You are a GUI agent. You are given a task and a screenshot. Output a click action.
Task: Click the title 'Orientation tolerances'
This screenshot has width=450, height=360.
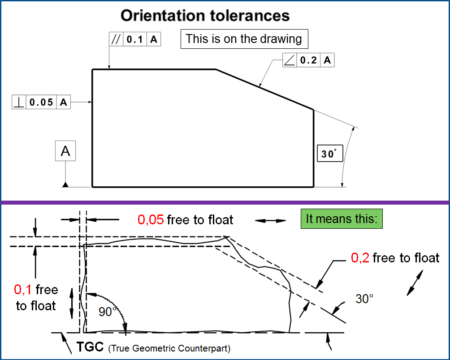click(x=205, y=16)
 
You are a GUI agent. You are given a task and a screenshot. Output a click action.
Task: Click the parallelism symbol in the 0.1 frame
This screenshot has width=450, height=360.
click(x=116, y=39)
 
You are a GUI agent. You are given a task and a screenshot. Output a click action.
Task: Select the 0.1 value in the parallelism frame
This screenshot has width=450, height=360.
click(x=134, y=39)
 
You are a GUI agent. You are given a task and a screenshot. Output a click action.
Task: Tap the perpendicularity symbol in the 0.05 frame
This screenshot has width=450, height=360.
click(x=19, y=102)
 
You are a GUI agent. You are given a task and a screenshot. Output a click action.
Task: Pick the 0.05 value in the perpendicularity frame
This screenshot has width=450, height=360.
click(x=41, y=102)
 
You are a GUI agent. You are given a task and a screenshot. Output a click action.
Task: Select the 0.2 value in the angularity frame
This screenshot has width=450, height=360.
click(x=308, y=60)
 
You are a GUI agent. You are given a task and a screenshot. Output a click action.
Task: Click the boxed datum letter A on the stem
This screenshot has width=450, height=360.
click(x=65, y=151)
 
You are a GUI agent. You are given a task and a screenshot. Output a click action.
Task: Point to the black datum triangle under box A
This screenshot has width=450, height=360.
click(x=65, y=185)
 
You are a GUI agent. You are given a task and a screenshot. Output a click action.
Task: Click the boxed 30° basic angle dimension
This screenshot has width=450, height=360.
click(x=329, y=154)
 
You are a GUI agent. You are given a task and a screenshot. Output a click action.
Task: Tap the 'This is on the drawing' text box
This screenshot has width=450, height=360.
click(x=244, y=39)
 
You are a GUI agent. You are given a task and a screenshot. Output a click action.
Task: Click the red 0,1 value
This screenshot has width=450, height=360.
click(x=22, y=290)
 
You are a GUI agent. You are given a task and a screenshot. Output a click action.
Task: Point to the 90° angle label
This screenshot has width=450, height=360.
click(x=107, y=311)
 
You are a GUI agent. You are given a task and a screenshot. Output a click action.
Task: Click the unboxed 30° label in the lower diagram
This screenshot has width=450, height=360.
click(x=364, y=299)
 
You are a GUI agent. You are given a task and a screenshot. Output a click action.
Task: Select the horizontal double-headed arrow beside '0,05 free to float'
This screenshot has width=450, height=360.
click(x=270, y=220)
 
